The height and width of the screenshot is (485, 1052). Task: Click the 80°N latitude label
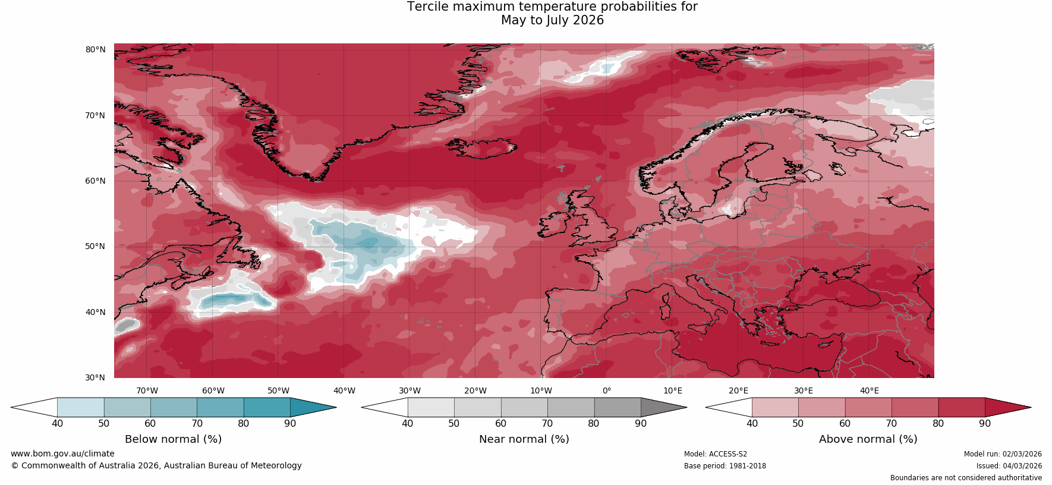point(95,49)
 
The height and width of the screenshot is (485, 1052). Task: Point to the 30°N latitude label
point(95,377)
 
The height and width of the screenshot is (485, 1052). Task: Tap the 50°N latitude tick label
point(95,246)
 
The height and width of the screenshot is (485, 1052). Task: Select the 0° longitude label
point(607,390)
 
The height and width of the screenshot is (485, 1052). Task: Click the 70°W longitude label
point(147,390)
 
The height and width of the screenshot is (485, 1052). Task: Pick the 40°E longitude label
point(869,390)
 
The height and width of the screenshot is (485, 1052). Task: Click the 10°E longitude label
point(673,390)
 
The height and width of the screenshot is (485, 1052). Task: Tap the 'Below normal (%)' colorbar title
point(173,439)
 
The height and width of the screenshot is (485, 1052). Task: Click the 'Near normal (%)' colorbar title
point(524,439)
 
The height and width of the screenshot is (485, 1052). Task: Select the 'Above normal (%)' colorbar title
point(868,439)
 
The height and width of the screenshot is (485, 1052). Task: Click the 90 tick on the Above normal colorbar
point(985,424)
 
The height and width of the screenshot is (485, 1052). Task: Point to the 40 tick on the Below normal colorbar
point(57,424)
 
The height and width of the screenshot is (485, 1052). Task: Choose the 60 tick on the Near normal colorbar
point(500,424)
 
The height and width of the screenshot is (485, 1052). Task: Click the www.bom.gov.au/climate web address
point(62,453)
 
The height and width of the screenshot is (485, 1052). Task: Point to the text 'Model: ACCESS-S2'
point(716,454)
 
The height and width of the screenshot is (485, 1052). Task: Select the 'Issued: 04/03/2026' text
point(1009,466)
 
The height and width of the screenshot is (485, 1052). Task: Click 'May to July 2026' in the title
point(552,20)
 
